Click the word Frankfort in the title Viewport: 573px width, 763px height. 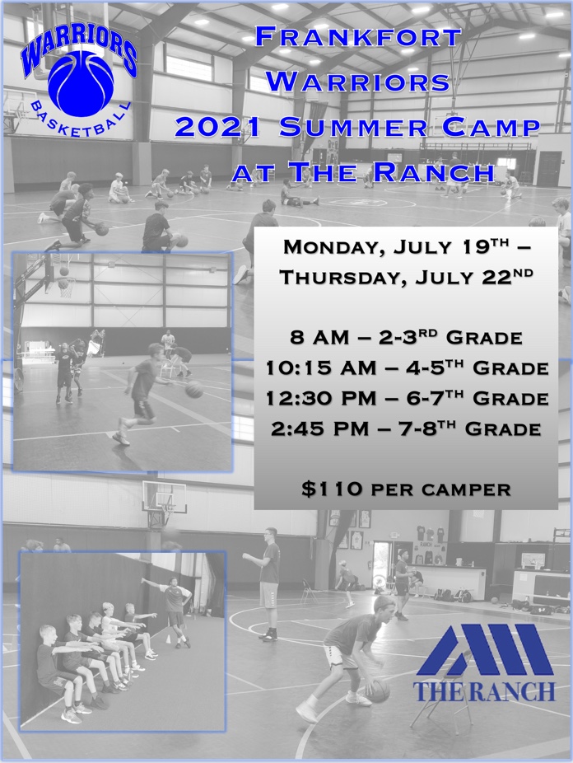coord(358,37)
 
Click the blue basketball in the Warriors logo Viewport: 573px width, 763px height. coord(81,84)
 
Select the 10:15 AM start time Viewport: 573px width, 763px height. coord(321,368)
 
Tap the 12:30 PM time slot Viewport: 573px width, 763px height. coord(321,399)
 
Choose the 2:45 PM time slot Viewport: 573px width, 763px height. coord(319,428)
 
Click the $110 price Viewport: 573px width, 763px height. coord(332,489)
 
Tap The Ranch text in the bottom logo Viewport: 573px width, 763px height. coord(483,691)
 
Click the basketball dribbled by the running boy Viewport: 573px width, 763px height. coord(194,389)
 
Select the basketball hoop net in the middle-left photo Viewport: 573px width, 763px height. coord(66,287)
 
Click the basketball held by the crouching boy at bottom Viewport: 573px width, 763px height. coord(378,691)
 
